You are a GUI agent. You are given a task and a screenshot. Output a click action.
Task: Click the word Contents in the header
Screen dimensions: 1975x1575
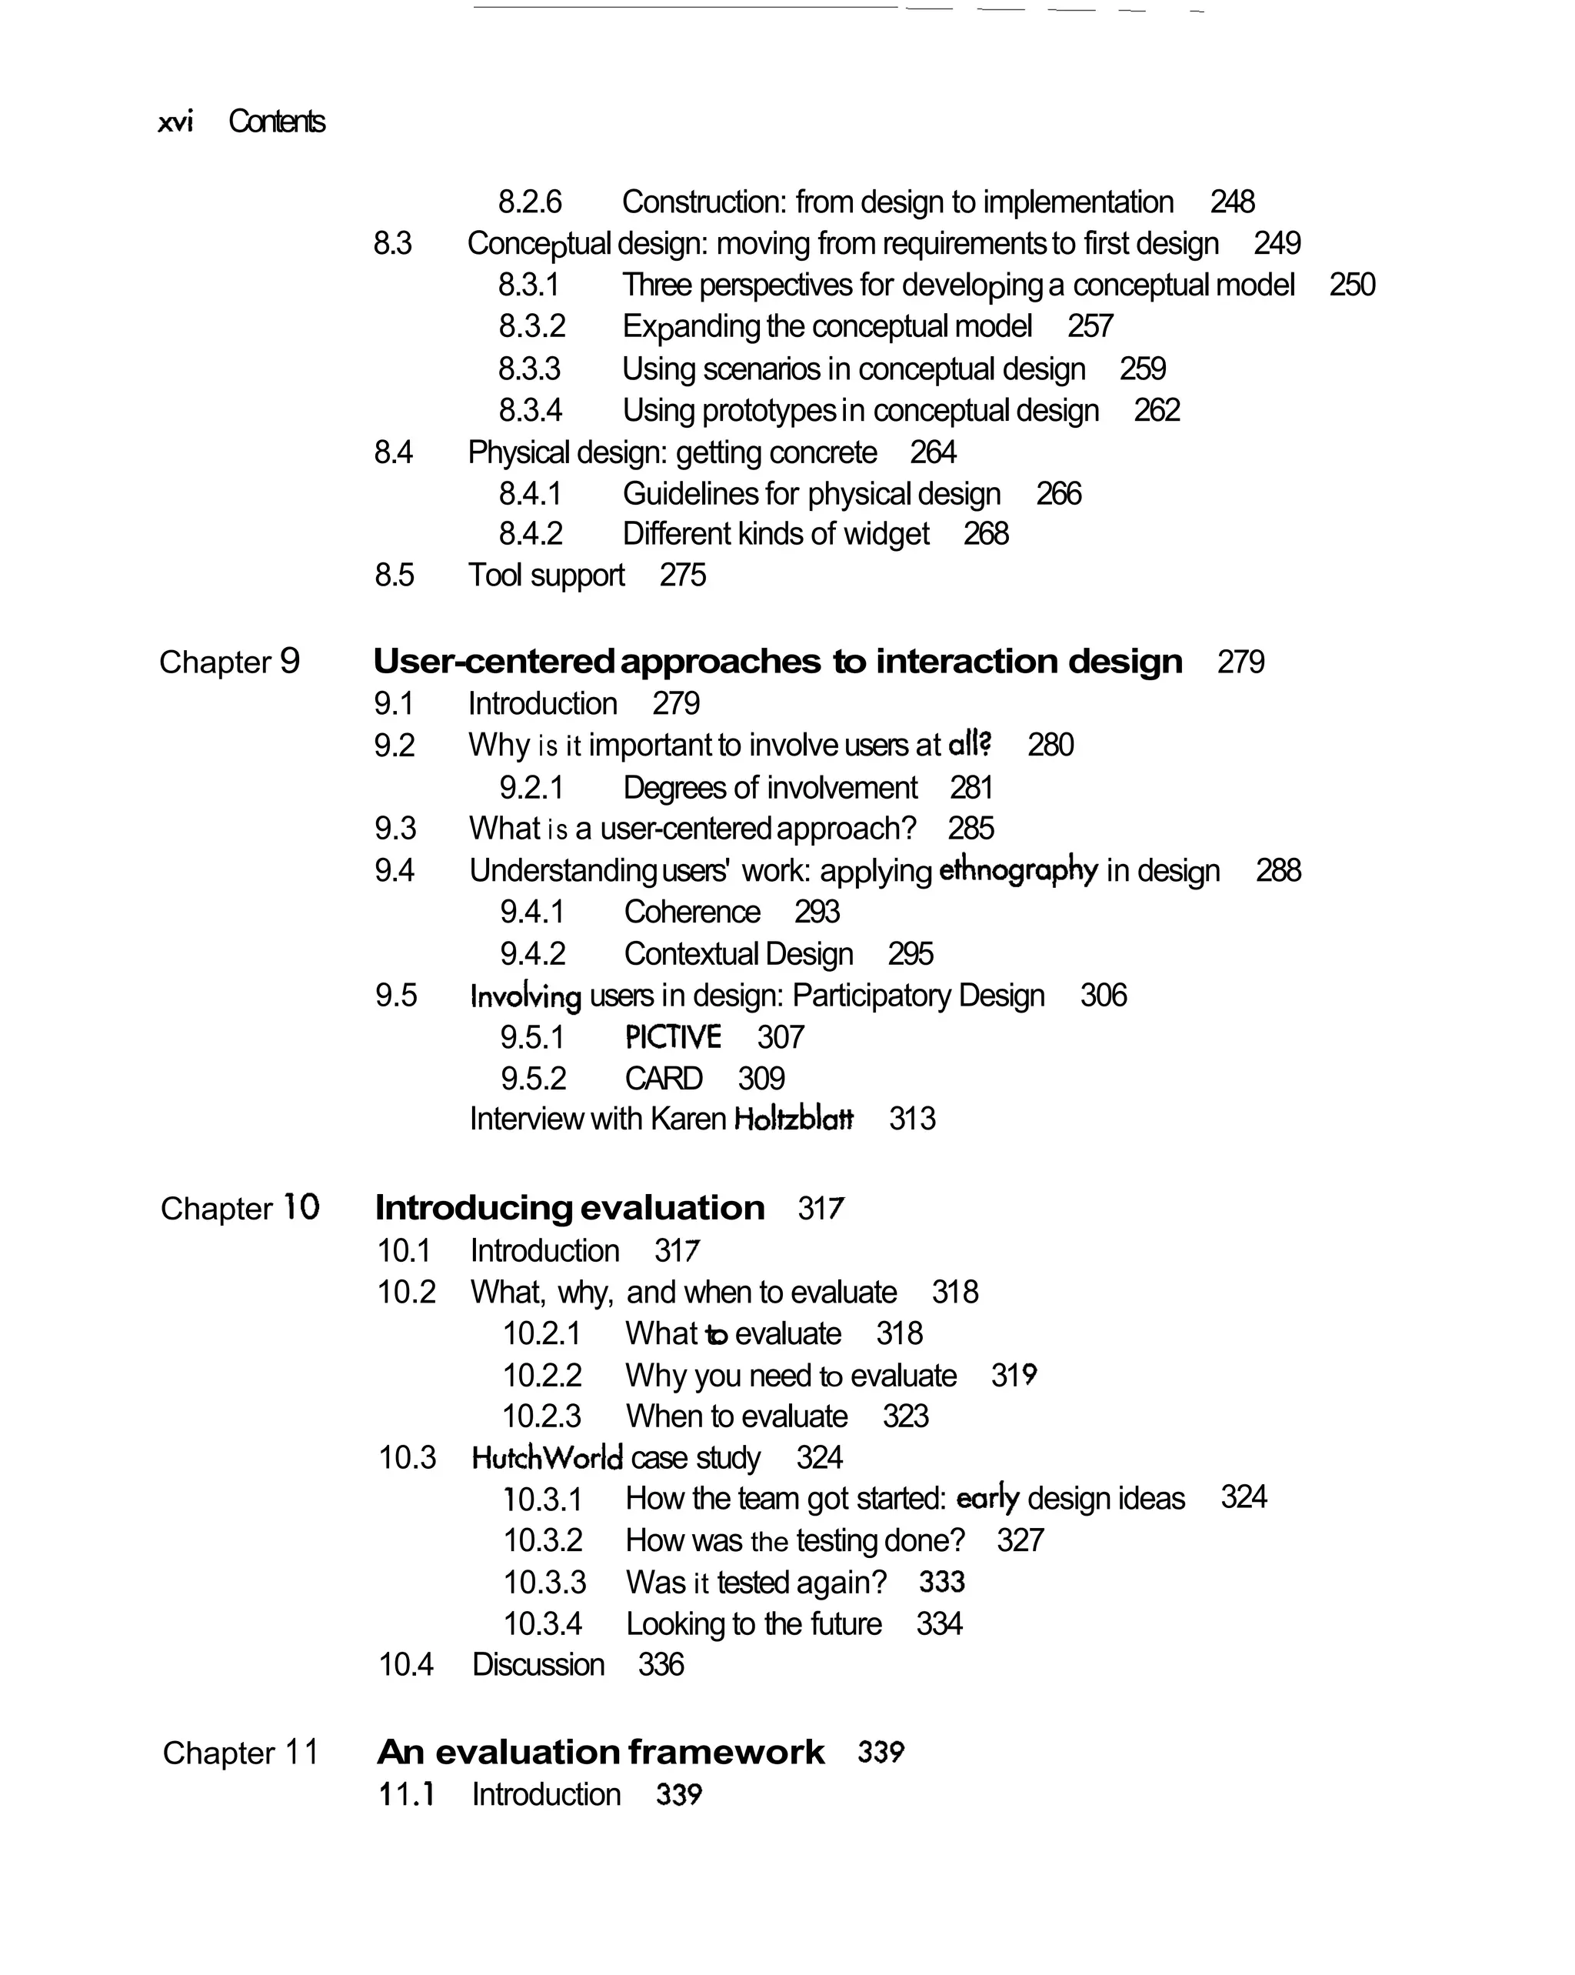[x=277, y=122]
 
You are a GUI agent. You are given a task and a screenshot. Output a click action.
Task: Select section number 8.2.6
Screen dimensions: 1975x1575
[x=529, y=202]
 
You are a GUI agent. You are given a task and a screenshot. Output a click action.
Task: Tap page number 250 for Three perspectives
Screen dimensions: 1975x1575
[x=1351, y=285]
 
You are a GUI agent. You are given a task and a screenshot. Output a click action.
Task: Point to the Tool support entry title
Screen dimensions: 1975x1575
[x=546, y=575]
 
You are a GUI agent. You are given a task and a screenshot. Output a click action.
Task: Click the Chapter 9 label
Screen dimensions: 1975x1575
[x=229, y=662]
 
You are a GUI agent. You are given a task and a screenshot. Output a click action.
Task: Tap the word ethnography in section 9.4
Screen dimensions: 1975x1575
[x=1018, y=870]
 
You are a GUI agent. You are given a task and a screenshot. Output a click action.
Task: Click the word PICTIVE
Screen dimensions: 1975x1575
[x=673, y=1037]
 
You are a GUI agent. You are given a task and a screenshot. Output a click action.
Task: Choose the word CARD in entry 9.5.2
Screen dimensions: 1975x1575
[x=663, y=1078]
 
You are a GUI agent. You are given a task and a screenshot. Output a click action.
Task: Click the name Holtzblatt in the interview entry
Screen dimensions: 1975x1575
[x=793, y=1119]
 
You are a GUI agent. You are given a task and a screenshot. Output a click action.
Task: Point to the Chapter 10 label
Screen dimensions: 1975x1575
[x=240, y=1208]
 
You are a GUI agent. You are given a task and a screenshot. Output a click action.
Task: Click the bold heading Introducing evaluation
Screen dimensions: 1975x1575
[x=570, y=1208]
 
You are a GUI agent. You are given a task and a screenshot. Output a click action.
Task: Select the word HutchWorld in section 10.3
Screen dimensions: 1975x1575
[x=547, y=1457]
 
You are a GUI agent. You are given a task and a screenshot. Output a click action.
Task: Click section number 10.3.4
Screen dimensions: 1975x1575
[x=543, y=1624]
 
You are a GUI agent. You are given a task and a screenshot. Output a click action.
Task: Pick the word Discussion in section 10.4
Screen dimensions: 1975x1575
[x=538, y=1664]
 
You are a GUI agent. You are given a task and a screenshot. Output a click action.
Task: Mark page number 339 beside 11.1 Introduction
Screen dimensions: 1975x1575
[x=678, y=1794]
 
